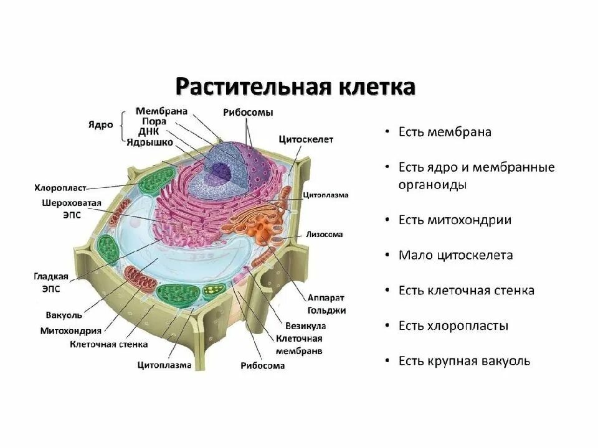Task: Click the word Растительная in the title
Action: point(251,86)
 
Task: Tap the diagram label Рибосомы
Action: point(248,112)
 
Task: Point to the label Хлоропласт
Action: point(60,187)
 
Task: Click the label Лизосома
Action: point(324,235)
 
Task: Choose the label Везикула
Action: point(305,325)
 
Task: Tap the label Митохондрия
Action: point(70,330)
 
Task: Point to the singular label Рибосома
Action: point(262,366)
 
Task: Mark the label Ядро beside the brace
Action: point(100,124)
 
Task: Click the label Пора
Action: point(153,121)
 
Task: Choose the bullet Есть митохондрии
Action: point(455,220)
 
